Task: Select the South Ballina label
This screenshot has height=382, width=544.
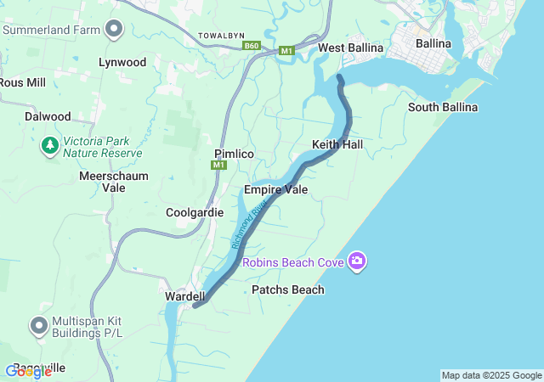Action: click(x=442, y=107)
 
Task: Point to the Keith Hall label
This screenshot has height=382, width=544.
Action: click(x=337, y=145)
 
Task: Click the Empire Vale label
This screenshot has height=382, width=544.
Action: click(x=275, y=189)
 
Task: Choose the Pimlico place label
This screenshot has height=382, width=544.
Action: click(x=235, y=153)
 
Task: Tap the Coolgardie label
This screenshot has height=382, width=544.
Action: click(x=195, y=212)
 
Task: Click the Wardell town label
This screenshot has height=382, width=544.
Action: click(x=185, y=296)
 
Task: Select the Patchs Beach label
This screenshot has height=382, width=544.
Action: click(x=288, y=289)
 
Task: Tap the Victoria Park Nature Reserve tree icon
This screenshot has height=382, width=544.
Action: click(x=50, y=146)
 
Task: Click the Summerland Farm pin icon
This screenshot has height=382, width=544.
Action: click(x=114, y=30)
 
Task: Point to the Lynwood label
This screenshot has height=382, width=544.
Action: click(x=122, y=62)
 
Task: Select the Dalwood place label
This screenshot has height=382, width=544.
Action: click(x=48, y=116)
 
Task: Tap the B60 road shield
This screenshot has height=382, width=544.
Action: click(x=251, y=46)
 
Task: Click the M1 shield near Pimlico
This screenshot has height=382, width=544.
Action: click(x=219, y=165)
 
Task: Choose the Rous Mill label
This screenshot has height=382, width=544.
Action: click(x=21, y=82)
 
